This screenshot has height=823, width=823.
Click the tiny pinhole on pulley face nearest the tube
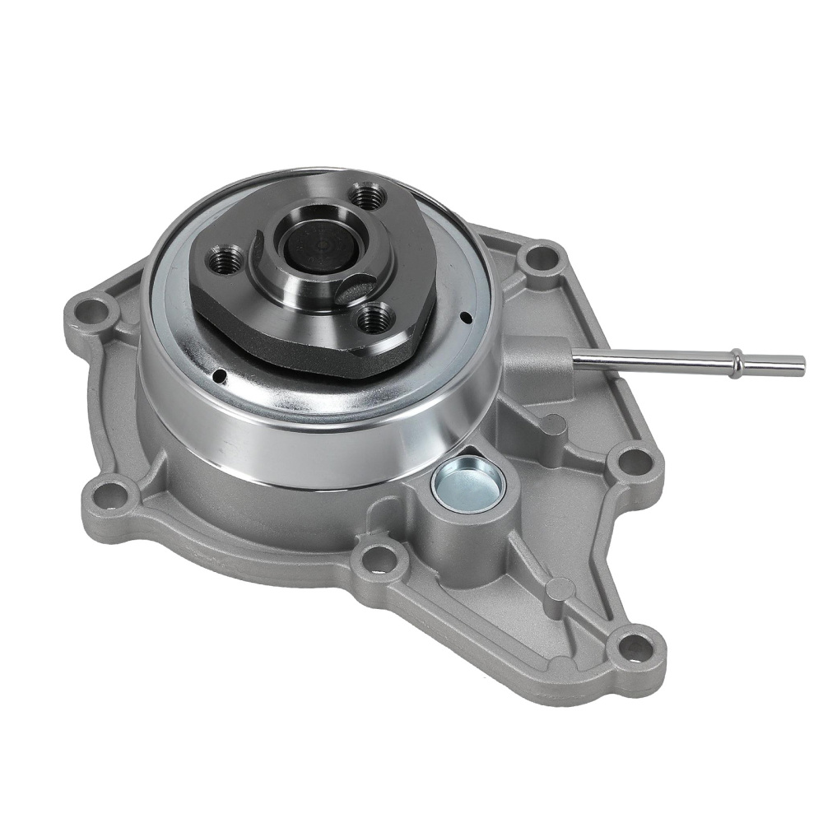(467, 318)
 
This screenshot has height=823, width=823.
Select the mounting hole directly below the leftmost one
(109, 494)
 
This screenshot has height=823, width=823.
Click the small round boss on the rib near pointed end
(560, 588)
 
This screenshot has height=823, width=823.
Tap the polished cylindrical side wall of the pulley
(329, 444)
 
